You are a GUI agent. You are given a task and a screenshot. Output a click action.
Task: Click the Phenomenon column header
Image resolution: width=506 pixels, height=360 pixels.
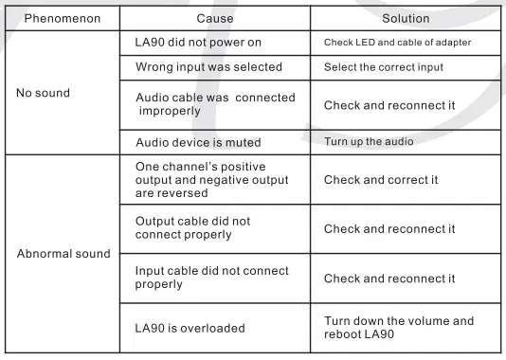coord(61,18)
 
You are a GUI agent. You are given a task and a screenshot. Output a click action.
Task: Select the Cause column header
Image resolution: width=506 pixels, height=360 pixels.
coord(214,18)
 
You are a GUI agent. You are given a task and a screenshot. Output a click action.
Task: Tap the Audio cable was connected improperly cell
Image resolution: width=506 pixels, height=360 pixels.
coord(208,105)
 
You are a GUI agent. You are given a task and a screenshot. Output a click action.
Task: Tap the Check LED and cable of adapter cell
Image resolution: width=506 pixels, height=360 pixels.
coord(397,44)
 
